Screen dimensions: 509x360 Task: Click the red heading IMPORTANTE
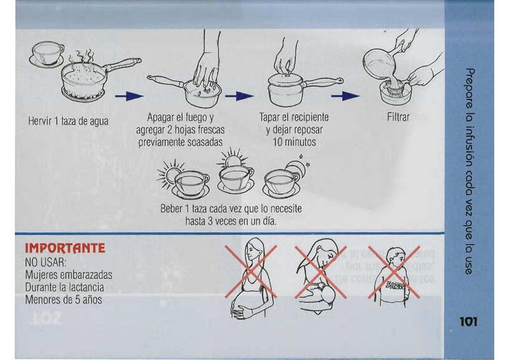[65, 248]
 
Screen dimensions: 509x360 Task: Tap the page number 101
[468, 322]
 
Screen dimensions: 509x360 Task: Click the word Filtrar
[398, 117]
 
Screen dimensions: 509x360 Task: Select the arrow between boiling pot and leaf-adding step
[129, 96]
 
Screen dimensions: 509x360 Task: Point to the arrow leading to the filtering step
[345, 96]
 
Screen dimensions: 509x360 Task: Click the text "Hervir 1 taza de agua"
[68, 121]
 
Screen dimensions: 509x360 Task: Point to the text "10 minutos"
[294, 142]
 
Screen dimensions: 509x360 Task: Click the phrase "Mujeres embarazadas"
[69, 275]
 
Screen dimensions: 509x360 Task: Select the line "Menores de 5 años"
[64, 300]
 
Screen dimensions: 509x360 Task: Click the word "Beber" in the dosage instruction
[171, 209]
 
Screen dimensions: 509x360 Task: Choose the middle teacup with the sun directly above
[235, 180]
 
